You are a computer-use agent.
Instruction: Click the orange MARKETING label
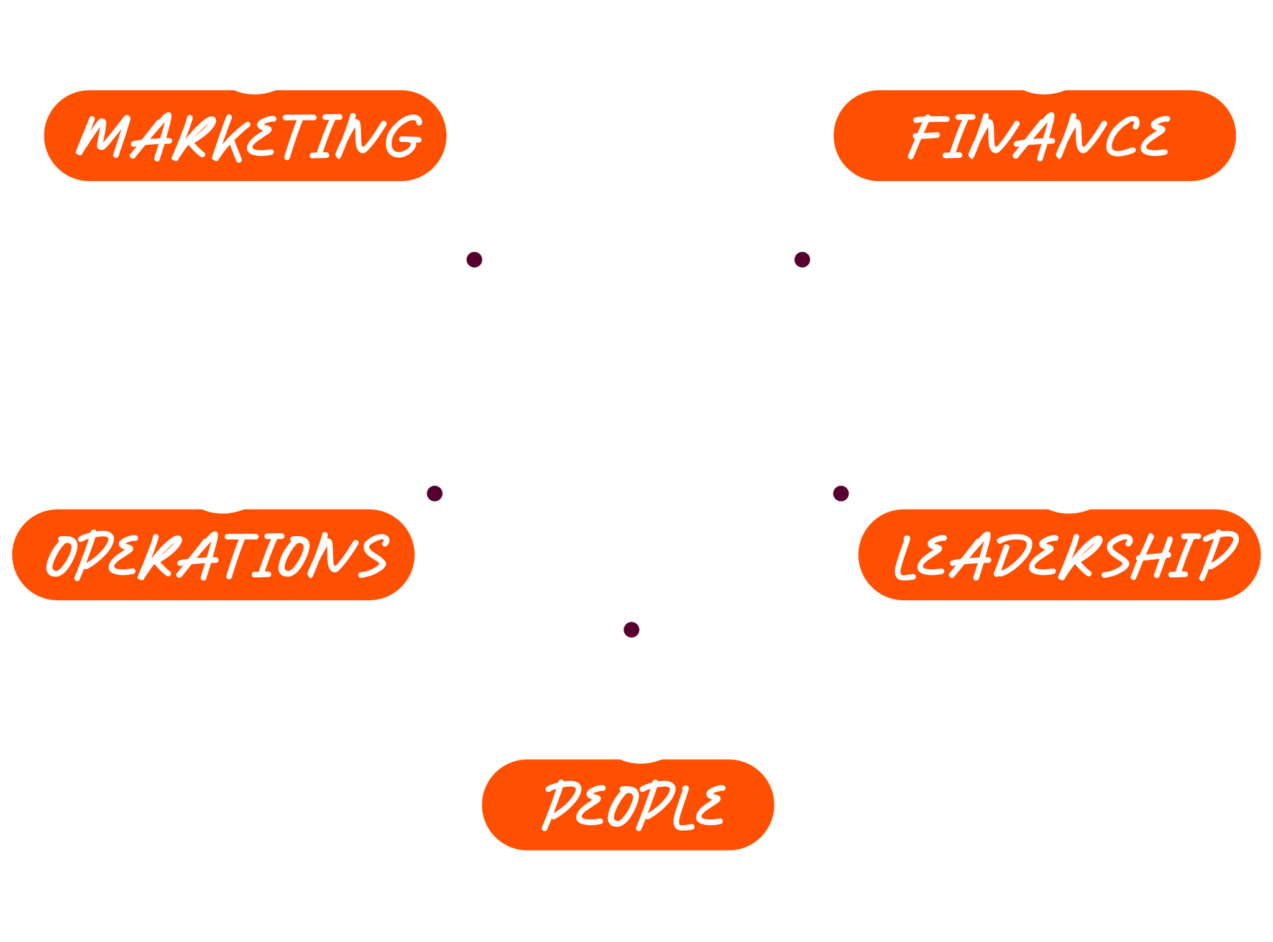point(245,135)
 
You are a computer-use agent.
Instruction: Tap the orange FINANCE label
point(1034,135)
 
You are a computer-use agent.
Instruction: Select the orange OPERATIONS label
point(213,554)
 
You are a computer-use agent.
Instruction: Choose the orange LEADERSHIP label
point(1059,554)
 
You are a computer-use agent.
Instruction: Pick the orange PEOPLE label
point(628,804)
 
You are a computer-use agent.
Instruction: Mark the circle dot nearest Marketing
point(474,259)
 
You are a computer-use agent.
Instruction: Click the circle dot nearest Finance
point(802,259)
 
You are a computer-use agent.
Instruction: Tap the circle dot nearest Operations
point(434,493)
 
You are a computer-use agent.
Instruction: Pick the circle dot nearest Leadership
point(840,493)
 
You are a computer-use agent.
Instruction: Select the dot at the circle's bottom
point(632,629)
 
